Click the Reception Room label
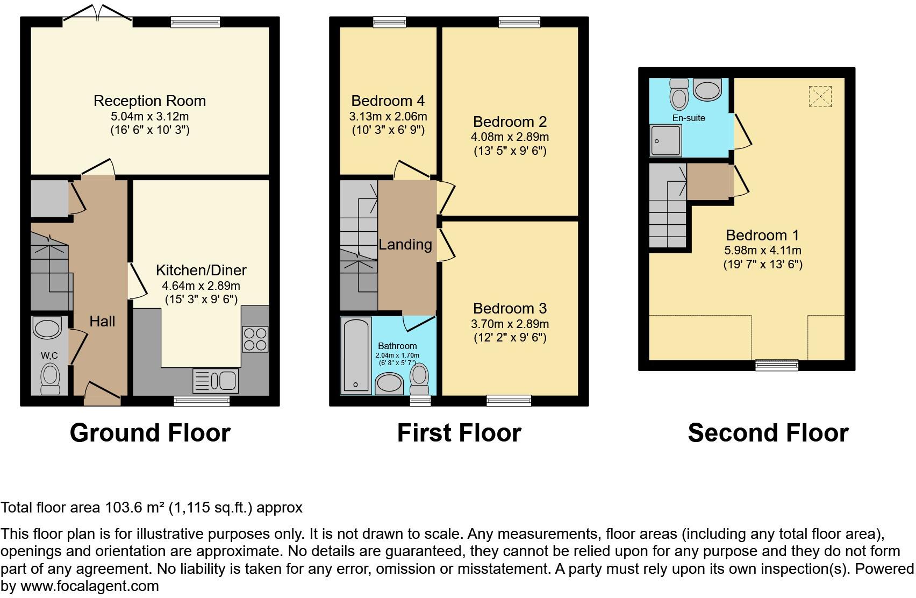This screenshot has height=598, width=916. pos(149,101)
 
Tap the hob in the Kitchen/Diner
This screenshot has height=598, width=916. pos(255,339)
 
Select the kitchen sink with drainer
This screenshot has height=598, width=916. pos(215,381)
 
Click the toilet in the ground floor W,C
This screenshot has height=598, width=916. pos(50,376)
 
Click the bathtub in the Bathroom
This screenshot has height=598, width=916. pos(356,354)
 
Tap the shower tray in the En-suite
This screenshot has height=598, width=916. pos(665,140)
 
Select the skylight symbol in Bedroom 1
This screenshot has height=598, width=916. pos(820,97)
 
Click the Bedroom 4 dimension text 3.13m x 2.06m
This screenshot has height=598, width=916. pos(388,116)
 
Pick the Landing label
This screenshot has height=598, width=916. pos(405,245)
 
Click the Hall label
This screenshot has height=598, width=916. pos(102,322)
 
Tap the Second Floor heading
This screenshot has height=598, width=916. pos(768,433)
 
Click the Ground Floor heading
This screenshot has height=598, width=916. pos(150,433)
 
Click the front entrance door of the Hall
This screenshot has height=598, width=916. pos(102,394)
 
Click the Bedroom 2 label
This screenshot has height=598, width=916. pos(510,122)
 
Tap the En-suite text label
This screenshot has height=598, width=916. pos(689,118)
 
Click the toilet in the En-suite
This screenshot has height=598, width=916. pos(679,96)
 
